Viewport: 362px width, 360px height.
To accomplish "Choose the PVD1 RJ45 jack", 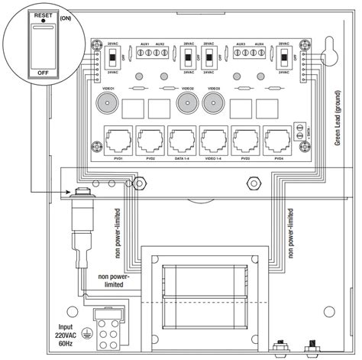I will (117, 141).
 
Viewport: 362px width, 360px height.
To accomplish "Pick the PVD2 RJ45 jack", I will (149, 141).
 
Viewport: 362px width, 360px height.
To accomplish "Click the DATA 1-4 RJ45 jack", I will (181, 141).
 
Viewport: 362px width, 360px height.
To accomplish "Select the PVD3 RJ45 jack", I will (244, 141).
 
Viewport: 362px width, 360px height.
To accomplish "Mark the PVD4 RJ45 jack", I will (276, 141).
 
